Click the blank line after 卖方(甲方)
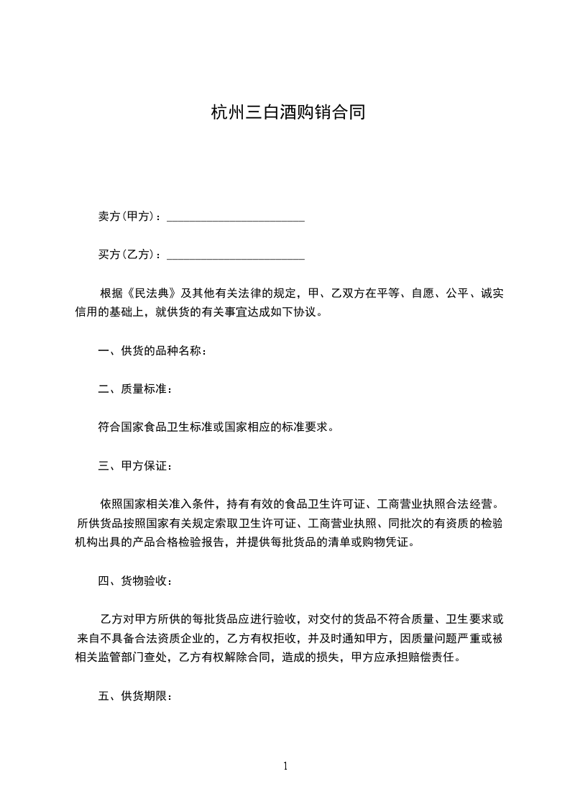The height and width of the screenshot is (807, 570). coord(236,216)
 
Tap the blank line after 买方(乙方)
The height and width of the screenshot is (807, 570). coord(236,255)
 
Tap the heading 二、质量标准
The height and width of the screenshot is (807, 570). coord(134,389)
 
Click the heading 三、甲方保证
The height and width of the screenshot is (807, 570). coord(134,466)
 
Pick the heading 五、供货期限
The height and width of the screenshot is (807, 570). coord(134,696)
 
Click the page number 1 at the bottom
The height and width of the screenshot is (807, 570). coord(285,766)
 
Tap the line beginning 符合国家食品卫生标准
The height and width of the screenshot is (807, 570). coord(216,427)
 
